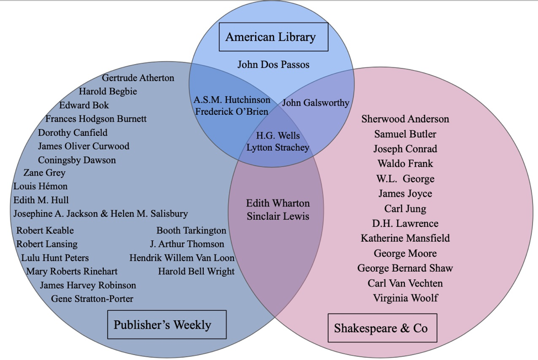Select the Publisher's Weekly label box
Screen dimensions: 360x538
pyautogui.click(x=167, y=324)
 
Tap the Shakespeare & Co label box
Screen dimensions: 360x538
pyautogui.click(x=382, y=328)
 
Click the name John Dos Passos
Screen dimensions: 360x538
pyautogui.click(x=273, y=65)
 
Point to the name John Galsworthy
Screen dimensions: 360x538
pyautogui.click(x=316, y=103)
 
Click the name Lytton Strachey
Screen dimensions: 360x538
pyautogui.click(x=278, y=147)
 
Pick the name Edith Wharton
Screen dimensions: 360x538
pyautogui.click(x=278, y=203)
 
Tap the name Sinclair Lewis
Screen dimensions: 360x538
pyautogui.click(x=278, y=216)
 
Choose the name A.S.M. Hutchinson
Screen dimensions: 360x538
pyautogui.click(x=232, y=100)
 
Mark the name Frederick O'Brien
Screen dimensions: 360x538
pyautogui.click(x=232, y=112)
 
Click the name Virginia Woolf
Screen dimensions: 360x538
pyautogui.click(x=405, y=298)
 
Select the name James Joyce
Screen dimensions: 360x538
pyautogui.click(x=405, y=193)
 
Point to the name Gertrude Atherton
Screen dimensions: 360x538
pyautogui.click(x=138, y=78)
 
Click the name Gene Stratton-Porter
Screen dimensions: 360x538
pyautogui.click(x=92, y=299)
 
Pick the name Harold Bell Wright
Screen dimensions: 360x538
pyautogui.click(x=196, y=271)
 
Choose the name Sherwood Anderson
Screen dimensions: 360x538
pyautogui.click(x=405, y=119)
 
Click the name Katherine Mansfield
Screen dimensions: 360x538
pyautogui.click(x=405, y=238)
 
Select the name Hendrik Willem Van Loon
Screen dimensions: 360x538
pyautogui.click(x=182, y=258)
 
